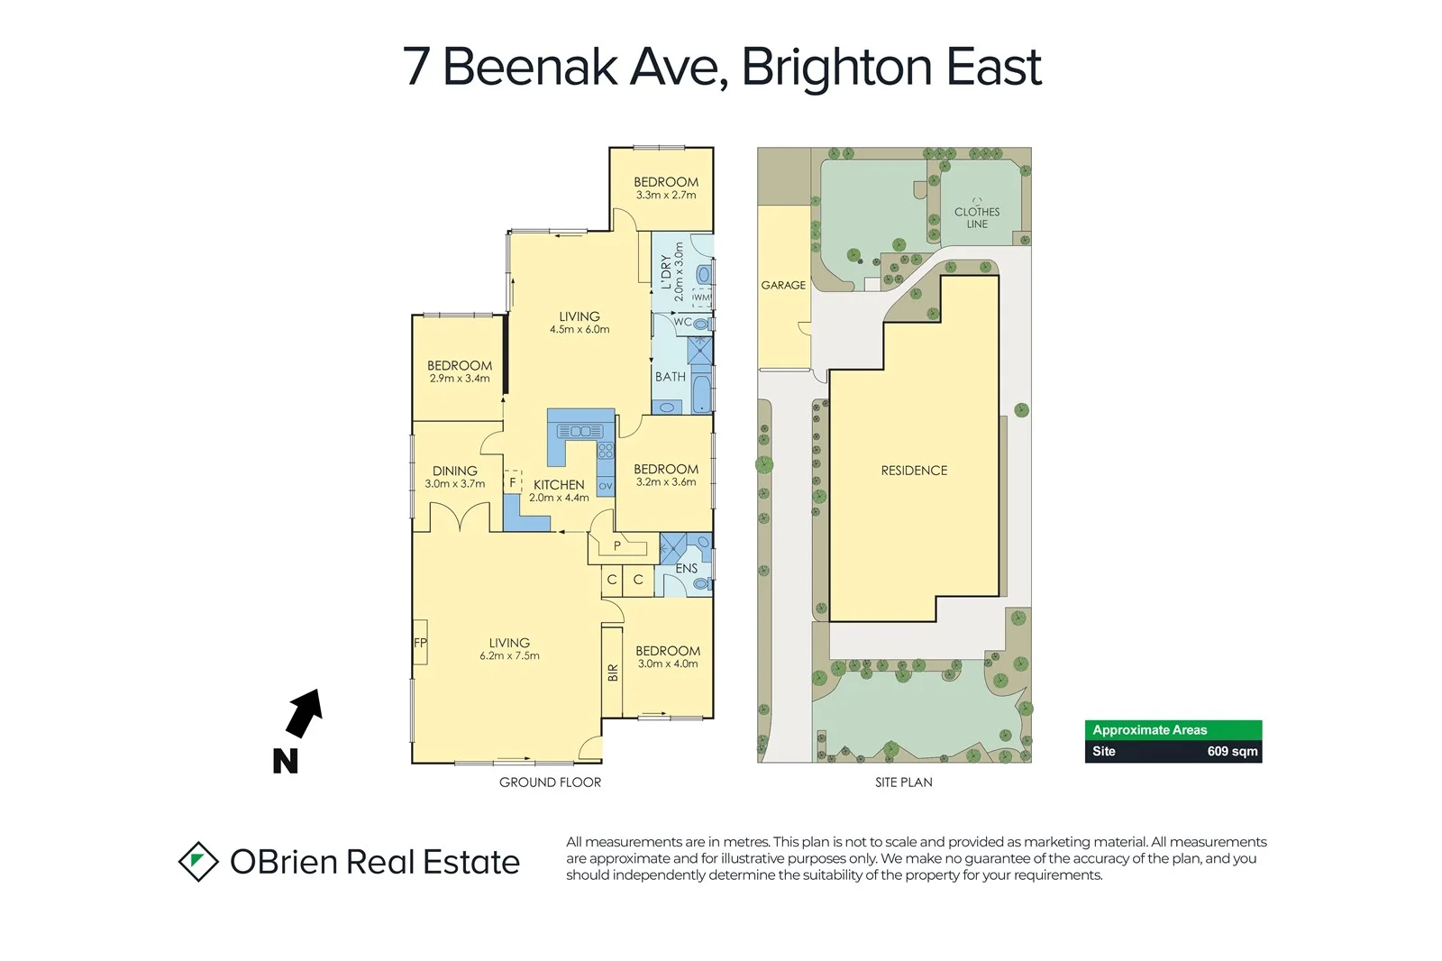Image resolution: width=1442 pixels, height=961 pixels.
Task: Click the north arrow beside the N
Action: (305, 713)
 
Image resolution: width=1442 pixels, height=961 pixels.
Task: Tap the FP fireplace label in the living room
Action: (420, 643)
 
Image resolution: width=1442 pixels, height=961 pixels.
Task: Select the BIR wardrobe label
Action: (613, 672)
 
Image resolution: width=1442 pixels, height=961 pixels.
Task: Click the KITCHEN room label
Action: (559, 485)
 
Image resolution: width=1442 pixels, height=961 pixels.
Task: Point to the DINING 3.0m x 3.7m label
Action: (454, 477)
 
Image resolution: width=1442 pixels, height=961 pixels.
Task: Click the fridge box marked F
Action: (513, 482)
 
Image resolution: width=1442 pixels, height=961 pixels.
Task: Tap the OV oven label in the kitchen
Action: (606, 487)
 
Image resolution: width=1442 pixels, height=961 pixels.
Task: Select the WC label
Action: (683, 322)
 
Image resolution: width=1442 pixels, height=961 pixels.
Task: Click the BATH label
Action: (670, 377)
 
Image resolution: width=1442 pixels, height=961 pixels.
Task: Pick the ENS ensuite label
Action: (686, 568)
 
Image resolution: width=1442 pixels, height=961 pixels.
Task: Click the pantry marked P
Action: (617, 545)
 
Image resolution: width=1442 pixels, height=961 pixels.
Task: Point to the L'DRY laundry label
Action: (666, 272)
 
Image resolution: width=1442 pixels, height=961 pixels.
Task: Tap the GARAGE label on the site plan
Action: (783, 285)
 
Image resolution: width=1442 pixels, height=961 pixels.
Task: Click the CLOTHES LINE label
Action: (977, 217)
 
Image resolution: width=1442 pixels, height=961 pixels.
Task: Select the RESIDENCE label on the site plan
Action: (914, 471)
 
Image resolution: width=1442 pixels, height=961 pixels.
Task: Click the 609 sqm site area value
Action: (1231, 751)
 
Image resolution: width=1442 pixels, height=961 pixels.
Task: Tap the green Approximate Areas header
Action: (1173, 730)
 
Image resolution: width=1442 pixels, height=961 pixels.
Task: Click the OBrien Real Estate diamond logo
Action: (198, 862)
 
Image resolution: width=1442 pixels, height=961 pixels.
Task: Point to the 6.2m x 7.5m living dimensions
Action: (509, 656)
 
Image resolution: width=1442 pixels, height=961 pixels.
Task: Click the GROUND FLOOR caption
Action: (550, 783)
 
